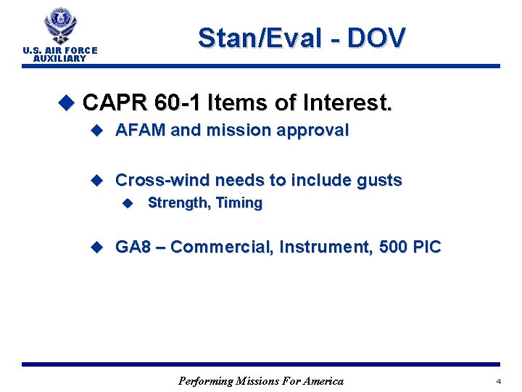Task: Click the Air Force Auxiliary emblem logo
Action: [60, 27]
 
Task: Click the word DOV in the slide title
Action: [376, 38]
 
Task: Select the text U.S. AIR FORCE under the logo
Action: [60, 51]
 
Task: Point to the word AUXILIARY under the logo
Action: [60, 59]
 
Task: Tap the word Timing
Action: [239, 203]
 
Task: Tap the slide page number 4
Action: [499, 381]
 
